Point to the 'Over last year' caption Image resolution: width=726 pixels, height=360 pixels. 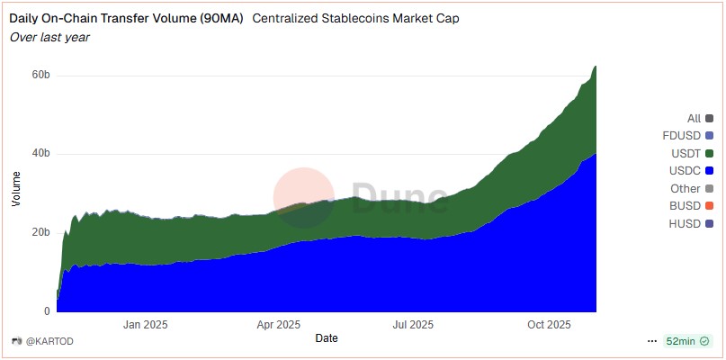pos(49,37)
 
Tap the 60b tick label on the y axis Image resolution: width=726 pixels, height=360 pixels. pos(40,75)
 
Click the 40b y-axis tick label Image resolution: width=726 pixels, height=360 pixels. pos(40,154)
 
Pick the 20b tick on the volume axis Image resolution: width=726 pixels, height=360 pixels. pos(40,233)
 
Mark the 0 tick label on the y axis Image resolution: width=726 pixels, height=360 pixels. pos(47,311)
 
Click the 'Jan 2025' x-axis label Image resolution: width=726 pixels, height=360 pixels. pos(146,325)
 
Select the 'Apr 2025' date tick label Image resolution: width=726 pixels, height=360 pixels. pos(279,325)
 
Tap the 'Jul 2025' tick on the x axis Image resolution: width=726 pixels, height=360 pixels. pos(413,325)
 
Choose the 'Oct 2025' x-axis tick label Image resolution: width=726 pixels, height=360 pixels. pos(549,325)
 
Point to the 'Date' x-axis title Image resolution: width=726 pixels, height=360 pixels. pos(327,338)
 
